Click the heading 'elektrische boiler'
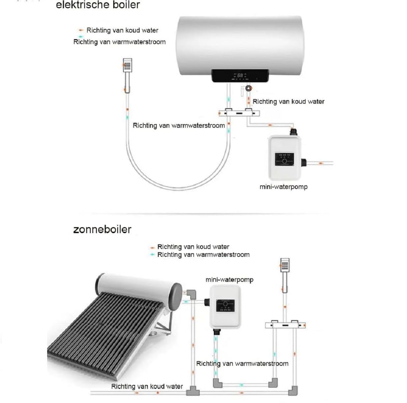tap(98, 5)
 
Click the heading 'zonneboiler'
tap(102, 229)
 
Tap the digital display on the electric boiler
tap(240, 76)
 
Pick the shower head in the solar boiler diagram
tap(285, 275)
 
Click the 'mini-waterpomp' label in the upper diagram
tap(284, 187)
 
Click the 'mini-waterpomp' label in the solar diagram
tap(230, 280)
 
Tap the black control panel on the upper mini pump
tap(284, 159)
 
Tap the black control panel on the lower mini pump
tap(225, 306)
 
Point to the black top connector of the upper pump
tap(293, 132)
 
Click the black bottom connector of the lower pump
tap(217, 332)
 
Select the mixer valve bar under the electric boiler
tap(239, 113)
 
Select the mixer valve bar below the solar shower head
tap(285, 325)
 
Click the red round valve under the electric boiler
tap(249, 88)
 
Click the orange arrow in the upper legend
tap(80, 30)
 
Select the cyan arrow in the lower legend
tap(152, 255)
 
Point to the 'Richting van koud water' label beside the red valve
tap(288, 102)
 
